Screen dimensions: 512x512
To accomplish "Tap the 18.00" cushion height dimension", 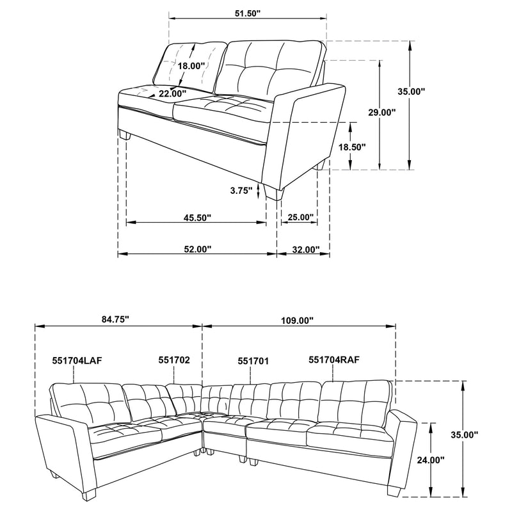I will point(191,66).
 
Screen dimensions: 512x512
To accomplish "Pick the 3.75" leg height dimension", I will point(241,190).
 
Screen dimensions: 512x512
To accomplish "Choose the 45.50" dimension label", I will point(197,218).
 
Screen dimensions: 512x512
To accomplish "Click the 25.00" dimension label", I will point(300,218).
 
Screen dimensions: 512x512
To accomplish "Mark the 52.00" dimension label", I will point(197,250).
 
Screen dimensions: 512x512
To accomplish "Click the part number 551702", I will point(173,360).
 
